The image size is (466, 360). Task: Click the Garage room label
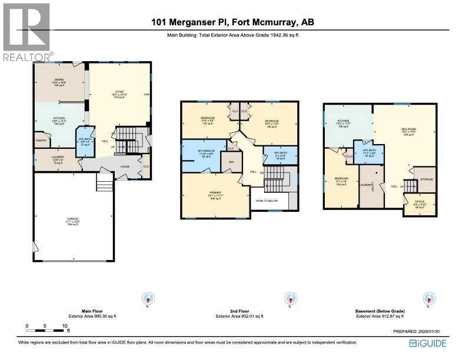[x=74, y=219]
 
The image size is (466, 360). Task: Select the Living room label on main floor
[x=119, y=94]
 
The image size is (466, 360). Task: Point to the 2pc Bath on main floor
[x=85, y=142]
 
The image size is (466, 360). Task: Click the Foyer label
[x=125, y=166]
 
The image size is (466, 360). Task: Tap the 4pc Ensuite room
[x=202, y=154]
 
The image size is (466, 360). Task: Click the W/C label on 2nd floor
[x=231, y=163]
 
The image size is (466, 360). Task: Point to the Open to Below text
[x=267, y=201]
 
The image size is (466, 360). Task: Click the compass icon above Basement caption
[x=430, y=299]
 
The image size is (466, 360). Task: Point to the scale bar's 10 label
[x=64, y=326]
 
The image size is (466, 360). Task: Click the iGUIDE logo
[x=429, y=343]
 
